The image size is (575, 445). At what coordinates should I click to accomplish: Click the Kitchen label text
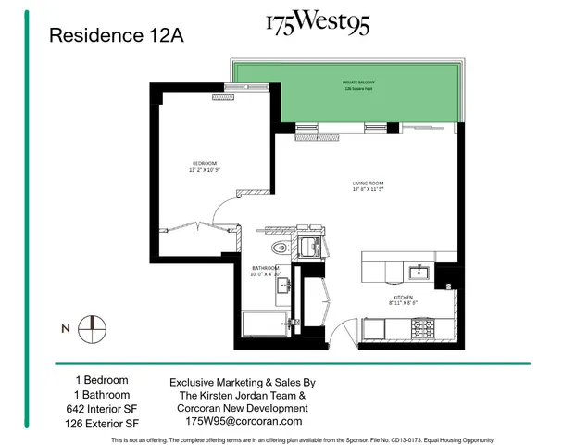pyautogui.click(x=404, y=299)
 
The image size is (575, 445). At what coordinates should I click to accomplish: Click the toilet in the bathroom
pyautogui.click(x=281, y=248)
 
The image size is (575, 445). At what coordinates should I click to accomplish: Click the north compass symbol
pyautogui.click(x=93, y=327)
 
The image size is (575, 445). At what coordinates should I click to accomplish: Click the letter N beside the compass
pyautogui.click(x=65, y=328)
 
